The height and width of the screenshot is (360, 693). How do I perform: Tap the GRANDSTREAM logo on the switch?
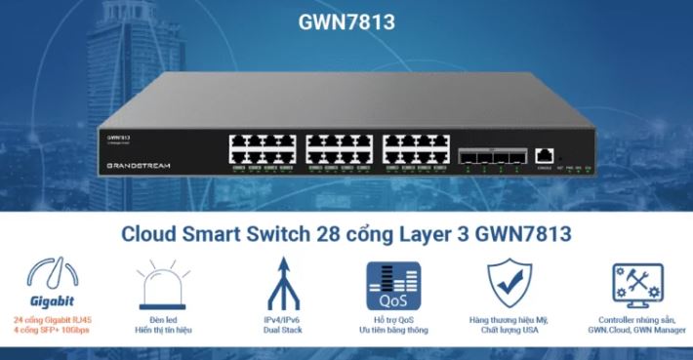[x=138, y=166]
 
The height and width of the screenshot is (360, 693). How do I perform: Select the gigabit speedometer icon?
[x=52, y=274]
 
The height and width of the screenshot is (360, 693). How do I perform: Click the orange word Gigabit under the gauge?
[x=52, y=301]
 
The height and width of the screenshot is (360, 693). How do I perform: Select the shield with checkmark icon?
[x=511, y=285]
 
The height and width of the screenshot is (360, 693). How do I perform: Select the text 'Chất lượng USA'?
[x=512, y=331]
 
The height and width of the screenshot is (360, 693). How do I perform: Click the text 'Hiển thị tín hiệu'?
[x=163, y=331]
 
